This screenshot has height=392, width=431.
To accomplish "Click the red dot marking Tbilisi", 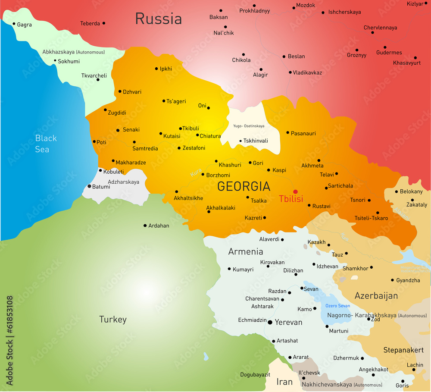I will pos(295,191).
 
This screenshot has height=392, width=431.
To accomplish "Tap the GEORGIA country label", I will pos(244,186).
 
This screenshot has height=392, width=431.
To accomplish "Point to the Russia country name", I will pos(158,19).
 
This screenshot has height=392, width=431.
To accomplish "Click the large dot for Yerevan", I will pos(270,322).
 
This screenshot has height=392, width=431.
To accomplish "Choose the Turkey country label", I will pos(113,320).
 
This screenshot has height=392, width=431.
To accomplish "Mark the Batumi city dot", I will pos(89,186).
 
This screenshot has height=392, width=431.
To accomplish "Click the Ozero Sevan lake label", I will pos(337,306).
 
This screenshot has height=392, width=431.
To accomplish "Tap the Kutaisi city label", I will pos(172,136).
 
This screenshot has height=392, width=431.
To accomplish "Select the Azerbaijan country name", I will pos(376,296).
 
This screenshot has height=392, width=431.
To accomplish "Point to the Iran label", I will pos(284,382).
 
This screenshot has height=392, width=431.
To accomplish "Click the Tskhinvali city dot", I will pos(240,141).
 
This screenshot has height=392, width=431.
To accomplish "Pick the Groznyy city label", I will pos(356,55).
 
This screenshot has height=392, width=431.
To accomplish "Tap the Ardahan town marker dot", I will pos(145,225).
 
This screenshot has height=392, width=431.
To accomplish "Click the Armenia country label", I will pos(245,252).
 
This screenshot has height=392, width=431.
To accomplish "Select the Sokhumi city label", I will pos(69,61).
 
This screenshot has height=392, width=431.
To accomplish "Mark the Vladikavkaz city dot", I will pos(290,72).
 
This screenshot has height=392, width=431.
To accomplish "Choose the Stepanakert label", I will pos(403,350).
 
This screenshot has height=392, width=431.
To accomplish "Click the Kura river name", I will pos(196,172).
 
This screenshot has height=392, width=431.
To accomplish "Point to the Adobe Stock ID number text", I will pos(9,340).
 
